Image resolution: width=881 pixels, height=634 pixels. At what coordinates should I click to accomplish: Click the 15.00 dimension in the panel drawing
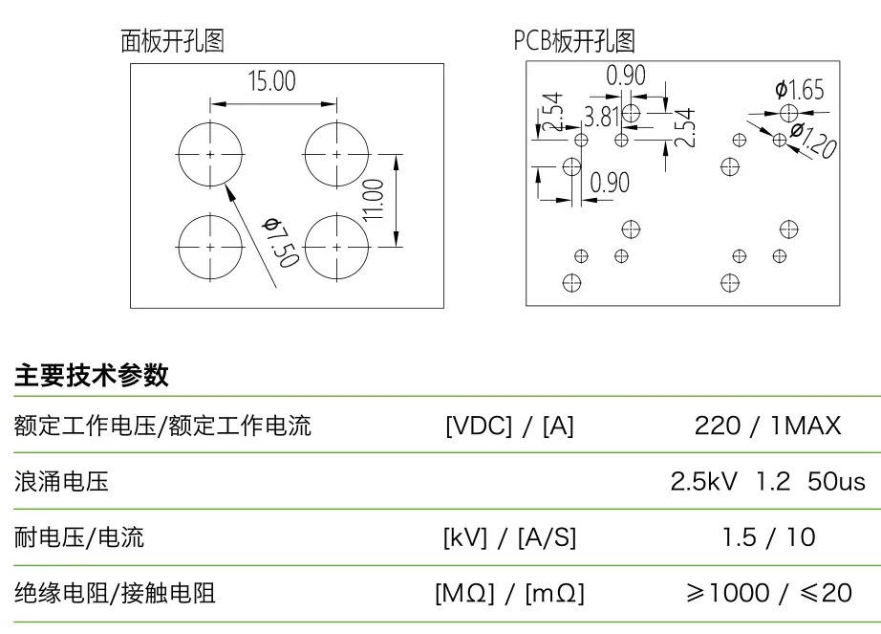coord(272,81)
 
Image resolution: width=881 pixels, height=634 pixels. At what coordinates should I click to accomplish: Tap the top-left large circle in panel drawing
coord(210,153)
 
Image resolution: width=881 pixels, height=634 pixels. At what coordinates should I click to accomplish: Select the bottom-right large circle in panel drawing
coord(336,246)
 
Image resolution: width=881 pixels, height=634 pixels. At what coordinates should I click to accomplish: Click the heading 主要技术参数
coord(92,376)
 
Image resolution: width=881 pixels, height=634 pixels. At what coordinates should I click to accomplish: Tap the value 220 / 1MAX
coord(768,426)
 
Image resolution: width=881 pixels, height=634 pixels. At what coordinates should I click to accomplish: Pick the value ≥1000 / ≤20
coord(768,594)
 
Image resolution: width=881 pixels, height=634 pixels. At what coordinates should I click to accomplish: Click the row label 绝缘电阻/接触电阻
coord(115,594)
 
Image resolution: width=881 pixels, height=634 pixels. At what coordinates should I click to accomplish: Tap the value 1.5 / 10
coord(768,538)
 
